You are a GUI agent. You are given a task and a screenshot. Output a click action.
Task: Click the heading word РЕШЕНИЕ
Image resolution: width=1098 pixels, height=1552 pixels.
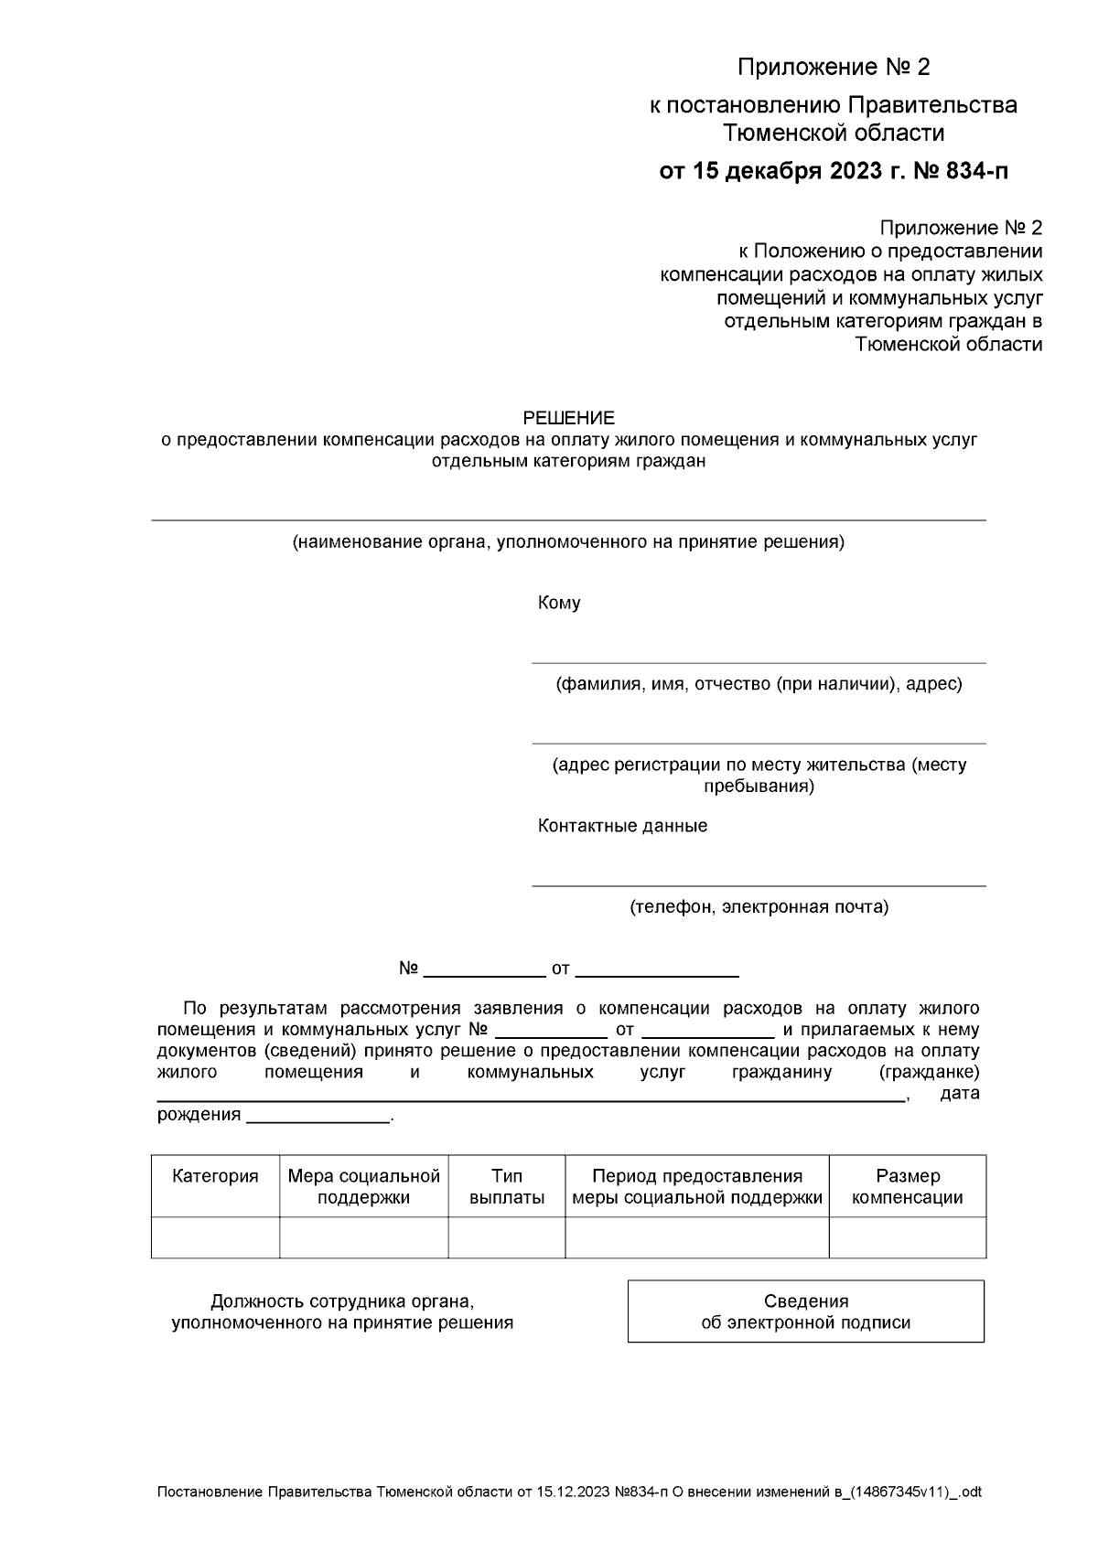(568, 418)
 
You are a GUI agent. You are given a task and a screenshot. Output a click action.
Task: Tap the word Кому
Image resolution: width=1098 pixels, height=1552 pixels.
(558, 603)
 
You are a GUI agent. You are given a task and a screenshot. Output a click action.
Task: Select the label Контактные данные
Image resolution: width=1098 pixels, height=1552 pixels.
(622, 826)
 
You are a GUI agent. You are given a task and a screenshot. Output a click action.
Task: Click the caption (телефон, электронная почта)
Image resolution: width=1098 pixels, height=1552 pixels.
(759, 907)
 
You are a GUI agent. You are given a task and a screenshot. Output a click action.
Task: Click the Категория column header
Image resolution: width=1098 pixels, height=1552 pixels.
(215, 1177)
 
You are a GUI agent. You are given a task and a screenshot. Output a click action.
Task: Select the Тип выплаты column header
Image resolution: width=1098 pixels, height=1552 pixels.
(506, 1187)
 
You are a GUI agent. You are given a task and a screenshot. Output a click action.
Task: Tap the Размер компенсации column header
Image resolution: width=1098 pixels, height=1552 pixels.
(907, 1187)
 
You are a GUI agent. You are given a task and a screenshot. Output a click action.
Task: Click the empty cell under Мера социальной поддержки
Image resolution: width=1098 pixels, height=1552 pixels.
(363, 1237)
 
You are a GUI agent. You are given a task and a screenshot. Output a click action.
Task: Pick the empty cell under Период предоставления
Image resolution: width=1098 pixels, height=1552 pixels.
(696, 1237)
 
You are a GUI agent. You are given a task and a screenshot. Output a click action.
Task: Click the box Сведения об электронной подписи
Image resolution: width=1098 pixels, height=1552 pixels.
(805, 1311)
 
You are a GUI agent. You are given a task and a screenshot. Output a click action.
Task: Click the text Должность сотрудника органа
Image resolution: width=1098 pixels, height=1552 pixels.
(342, 1301)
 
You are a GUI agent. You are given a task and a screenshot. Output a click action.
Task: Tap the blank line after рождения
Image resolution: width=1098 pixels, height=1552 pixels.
(318, 1116)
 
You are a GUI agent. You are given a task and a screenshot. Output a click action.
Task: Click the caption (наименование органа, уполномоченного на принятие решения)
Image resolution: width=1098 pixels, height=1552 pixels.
(567, 542)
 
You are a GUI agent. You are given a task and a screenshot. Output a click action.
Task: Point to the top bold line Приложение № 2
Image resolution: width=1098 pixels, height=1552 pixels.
(833, 68)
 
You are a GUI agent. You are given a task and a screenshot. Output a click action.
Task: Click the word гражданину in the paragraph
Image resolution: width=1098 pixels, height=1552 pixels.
(781, 1072)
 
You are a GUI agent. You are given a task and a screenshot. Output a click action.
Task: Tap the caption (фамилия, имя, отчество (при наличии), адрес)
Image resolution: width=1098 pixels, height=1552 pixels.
(759, 684)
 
